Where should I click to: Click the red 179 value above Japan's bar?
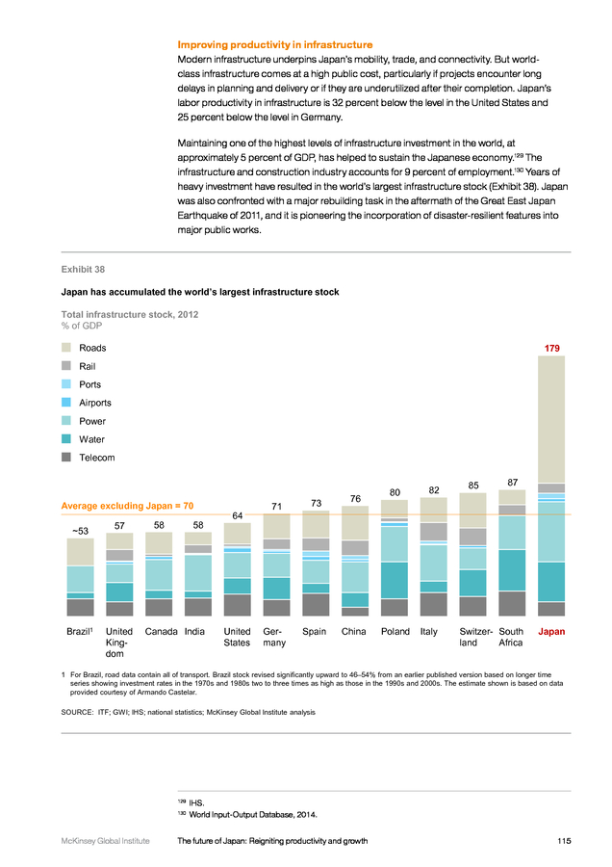pyautogui.click(x=551, y=349)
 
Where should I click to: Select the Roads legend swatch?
pyautogui.click(x=66, y=347)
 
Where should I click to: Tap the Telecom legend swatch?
pyautogui.click(x=66, y=457)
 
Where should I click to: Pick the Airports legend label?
pyautogui.click(x=95, y=403)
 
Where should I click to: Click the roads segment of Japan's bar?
pyautogui.click(x=551, y=420)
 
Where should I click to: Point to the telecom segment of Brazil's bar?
pyautogui.click(x=80, y=607)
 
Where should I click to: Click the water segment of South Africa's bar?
pyautogui.click(x=512, y=570)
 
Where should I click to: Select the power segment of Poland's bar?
pyautogui.click(x=395, y=544)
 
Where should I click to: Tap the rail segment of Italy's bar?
pyautogui.click(x=434, y=532)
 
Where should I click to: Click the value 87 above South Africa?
pyautogui.click(x=513, y=483)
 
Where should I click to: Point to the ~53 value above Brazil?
pyautogui.click(x=80, y=531)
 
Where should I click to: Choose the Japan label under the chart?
pyautogui.click(x=551, y=631)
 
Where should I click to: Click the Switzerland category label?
pyautogui.click(x=475, y=637)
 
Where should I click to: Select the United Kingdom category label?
pyautogui.click(x=118, y=643)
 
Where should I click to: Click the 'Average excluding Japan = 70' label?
pyautogui.click(x=127, y=506)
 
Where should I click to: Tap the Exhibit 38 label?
pyautogui.click(x=83, y=270)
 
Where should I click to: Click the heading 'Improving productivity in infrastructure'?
pyautogui.click(x=275, y=44)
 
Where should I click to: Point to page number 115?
pyautogui.click(x=564, y=841)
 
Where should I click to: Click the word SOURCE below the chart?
pyautogui.click(x=77, y=712)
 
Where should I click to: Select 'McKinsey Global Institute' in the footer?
pyautogui.click(x=105, y=841)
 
